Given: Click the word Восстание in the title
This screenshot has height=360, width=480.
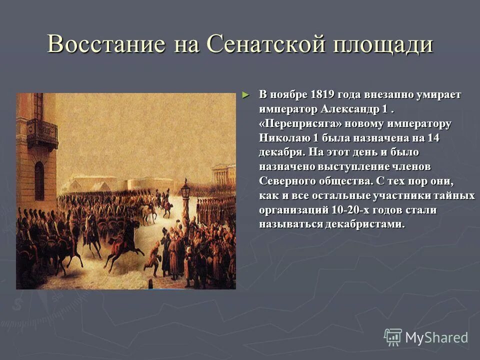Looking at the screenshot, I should [x=106, y=44].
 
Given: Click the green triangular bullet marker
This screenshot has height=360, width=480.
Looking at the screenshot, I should [x=244, y=94].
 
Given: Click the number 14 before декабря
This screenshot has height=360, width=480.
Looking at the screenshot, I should [x=432, y=138].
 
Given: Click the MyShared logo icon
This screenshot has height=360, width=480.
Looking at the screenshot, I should [x=392, y=337].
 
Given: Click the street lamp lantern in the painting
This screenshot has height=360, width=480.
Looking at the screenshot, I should [x=185, y=190].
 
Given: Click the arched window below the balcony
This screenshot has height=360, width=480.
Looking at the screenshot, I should [x=39, y=180].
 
